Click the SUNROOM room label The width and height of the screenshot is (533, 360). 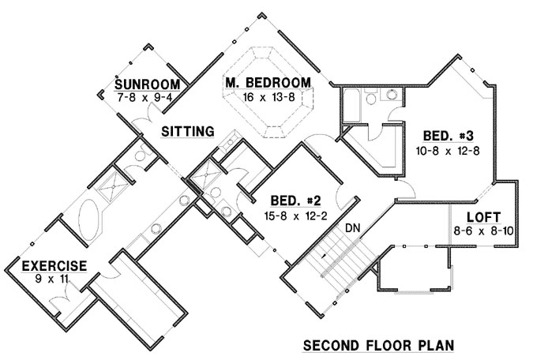(148, 85)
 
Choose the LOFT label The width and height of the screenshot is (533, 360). (482, 216)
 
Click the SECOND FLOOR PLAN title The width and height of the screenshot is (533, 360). (379, 346)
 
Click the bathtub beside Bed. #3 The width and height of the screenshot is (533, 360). (351, 103)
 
